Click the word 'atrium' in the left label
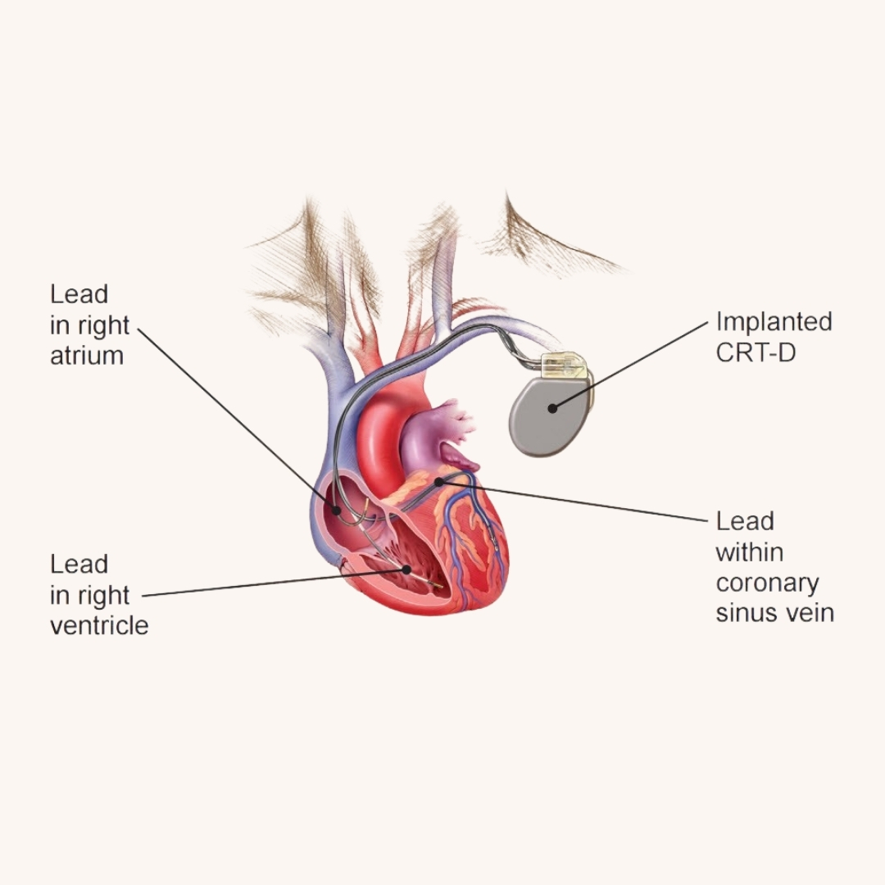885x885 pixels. [86, 356]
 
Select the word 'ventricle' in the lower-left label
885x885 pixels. [99, 625]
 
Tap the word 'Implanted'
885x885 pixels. [774, 321]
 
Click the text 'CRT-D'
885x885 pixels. [755, 352]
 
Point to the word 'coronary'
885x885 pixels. [767, 583]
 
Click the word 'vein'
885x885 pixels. [810, 613]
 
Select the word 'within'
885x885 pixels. [749, 552]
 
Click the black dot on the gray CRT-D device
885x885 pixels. [552, 407]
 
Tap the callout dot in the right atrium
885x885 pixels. [336, 510]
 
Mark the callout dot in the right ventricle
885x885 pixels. [406, 568]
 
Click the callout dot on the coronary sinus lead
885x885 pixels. [439, 482]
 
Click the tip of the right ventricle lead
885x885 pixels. [440, 587]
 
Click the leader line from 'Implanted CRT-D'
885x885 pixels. [631, 364]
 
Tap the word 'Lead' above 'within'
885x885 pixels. [744, 521]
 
